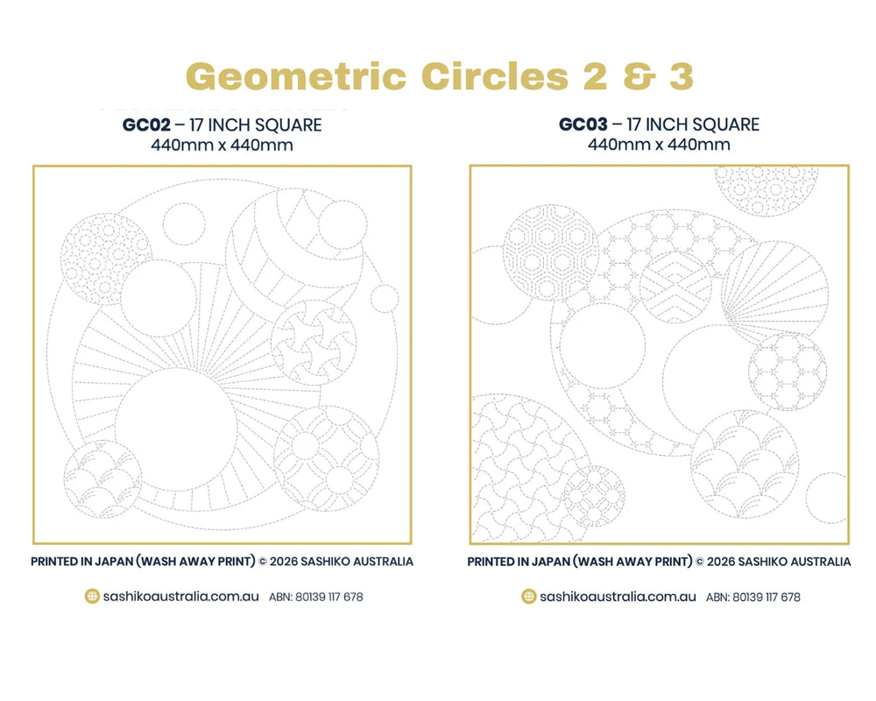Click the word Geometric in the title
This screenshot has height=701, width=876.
tap(296, 76)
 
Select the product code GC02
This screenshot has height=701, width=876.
tap(146, 124)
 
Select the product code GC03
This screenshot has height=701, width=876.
tap(583, 124)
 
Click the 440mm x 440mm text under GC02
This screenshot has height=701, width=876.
tap(222, 145)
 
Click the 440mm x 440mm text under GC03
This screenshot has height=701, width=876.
tap(659, 145)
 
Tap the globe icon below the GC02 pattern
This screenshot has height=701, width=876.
tap(92, 597)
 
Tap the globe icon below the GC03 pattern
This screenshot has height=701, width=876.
tap(529, 597)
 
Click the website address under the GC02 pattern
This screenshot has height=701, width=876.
tap(181, 597)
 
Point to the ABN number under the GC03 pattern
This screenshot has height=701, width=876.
tap(753, 597)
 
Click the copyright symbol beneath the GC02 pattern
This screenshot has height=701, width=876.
tap(263, 562)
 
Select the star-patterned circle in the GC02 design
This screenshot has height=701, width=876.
tap(314, 343)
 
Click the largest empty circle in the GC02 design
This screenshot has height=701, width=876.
tap(176, 429)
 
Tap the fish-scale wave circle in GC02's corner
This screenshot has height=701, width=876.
tap(102, 479)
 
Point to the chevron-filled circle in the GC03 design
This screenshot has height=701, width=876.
tap(675, 287)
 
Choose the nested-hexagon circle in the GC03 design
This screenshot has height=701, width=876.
tap(551, 252)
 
